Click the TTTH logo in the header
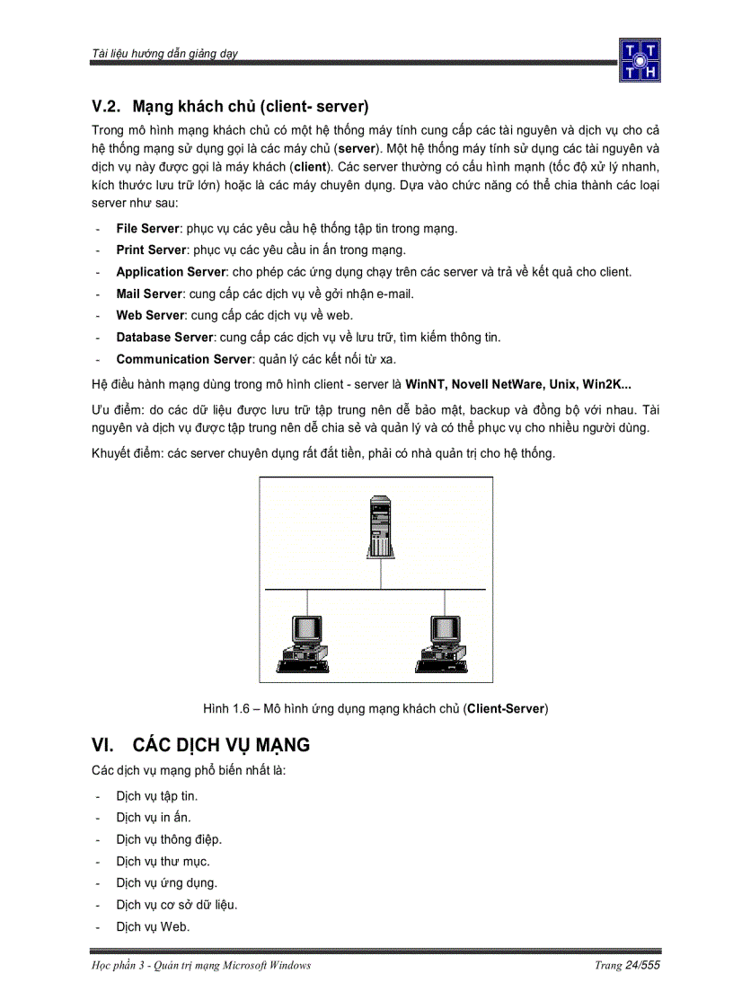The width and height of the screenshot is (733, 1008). click(x=639, y=59)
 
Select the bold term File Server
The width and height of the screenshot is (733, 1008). click(x=147, y=229)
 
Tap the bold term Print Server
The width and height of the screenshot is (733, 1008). click(x=151, y=250)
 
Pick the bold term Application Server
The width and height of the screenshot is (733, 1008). click(x=171, y=272)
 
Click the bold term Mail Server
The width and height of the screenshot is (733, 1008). click(x=149, y=294)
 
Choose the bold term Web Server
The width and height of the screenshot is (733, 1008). click(x=150, y=315)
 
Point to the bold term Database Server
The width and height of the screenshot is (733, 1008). click(x=165, y=337)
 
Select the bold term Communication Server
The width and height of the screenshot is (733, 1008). click(x=184, y=359)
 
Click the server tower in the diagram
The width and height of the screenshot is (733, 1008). click(x=380, y=530)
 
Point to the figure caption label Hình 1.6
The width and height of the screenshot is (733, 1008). click(x=225, y=709)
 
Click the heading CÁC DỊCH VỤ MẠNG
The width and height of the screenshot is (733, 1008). click(x=221, y=745)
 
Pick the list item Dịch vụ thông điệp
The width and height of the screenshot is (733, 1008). click(x=169, y=839)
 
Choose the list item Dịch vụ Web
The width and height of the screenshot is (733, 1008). click(x=153, y=926)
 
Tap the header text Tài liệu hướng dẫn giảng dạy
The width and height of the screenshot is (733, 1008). click(x=164, y=54)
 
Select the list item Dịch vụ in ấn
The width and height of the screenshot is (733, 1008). click(x=154, y=818)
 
